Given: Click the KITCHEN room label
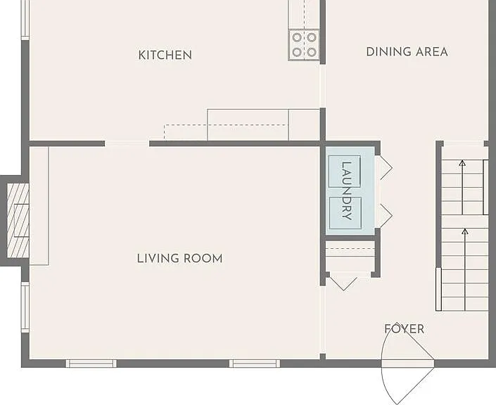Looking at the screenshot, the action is pos(165,55).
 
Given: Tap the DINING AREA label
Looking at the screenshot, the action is pos(407,52).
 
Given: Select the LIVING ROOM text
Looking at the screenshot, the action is pos(179,259).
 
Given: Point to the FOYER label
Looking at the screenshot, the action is pos(405,329).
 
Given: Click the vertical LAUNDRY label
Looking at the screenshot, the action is pos(347,191).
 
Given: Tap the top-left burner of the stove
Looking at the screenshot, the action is pos(297,38).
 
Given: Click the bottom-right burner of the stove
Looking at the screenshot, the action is pos(312,52).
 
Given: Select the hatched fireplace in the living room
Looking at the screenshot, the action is pos(18,220).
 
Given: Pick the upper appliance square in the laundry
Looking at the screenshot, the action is pos(345,172).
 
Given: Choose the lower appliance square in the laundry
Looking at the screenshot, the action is pos(345,213).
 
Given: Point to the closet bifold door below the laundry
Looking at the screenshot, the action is pos(343,283).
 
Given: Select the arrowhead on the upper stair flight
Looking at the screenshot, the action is pos(462,163).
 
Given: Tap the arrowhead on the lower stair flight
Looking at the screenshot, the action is pos(464,231).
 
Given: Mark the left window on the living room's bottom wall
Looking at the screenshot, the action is pos(91,364).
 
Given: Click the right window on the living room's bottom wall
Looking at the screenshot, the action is pos(255,364).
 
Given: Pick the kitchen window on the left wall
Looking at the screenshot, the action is pos(25,20).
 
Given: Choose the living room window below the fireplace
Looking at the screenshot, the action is pos(25,307).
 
